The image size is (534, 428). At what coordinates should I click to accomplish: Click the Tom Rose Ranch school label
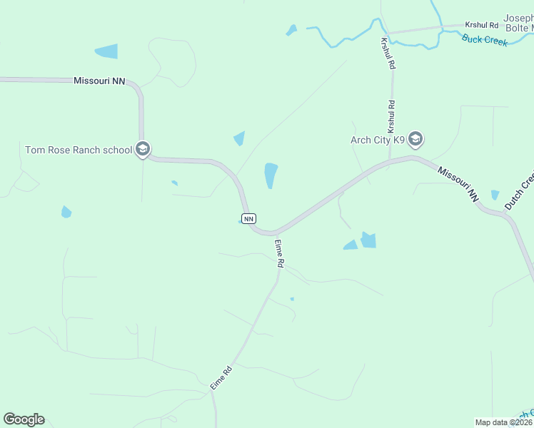[x=79, y=150]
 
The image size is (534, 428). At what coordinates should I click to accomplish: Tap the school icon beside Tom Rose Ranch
[x=142, y=149]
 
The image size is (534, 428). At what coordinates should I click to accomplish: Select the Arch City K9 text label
[x=378, y=139]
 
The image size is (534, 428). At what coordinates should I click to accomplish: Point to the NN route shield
[x=248, y=219]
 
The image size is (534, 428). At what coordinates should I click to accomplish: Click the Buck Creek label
[x=485, y=41]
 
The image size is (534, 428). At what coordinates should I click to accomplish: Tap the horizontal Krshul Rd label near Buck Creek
[x=483, y=26]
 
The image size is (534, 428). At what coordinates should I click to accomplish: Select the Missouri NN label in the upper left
[x=99, y=81]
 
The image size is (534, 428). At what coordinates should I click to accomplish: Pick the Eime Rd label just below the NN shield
[x=280, y=253]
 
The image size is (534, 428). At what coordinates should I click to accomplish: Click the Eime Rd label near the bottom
[x=221, y=377]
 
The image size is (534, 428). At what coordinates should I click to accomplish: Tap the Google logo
[x=24, y=419]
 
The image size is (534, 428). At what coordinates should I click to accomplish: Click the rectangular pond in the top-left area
[x=106, y=51]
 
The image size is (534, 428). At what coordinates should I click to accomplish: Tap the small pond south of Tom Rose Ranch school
[x=66, y=212]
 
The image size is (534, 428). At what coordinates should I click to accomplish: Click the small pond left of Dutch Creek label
[x=495, y=195]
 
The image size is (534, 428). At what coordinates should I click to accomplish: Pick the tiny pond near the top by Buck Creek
[x=291, y=31]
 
